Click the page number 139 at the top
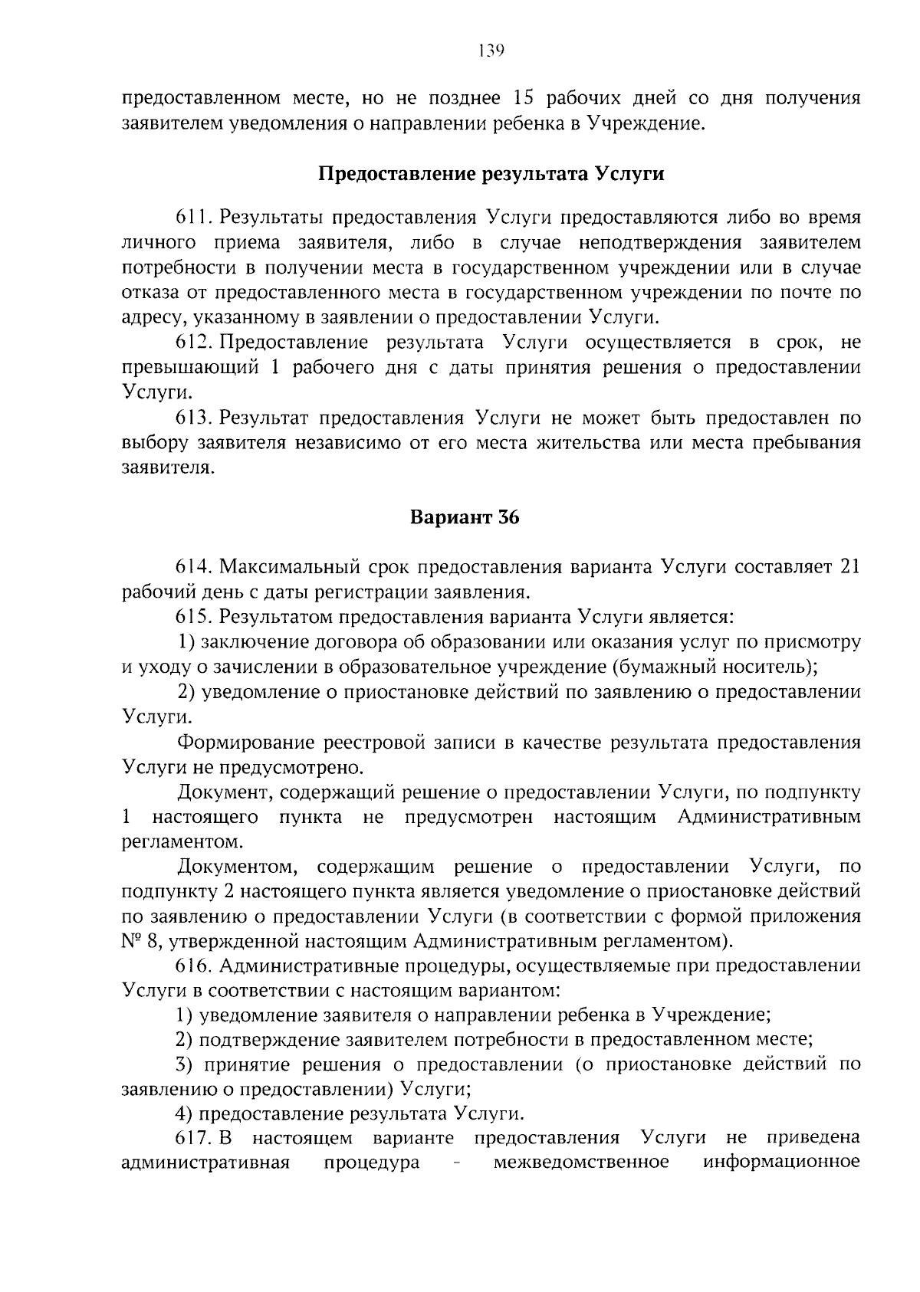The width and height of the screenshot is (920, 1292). tap(490, 51)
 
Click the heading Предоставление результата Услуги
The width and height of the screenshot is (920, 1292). tap(491, 173)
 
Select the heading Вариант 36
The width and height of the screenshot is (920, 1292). tap(465, 517)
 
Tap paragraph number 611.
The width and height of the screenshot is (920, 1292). tap(194, 218)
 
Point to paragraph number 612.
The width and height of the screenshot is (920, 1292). tap(194, 343)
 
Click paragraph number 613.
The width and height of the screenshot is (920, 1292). tap(194, 418)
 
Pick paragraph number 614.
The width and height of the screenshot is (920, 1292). tap(194, 567)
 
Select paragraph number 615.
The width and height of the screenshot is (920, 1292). tap(194, 617)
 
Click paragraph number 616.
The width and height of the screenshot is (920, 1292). tap(194, 966)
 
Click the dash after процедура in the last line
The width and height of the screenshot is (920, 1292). tap(457, 1163)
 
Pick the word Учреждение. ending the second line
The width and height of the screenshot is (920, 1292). tap(645, 123)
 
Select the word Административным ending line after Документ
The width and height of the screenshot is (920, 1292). tap(769, 817)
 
